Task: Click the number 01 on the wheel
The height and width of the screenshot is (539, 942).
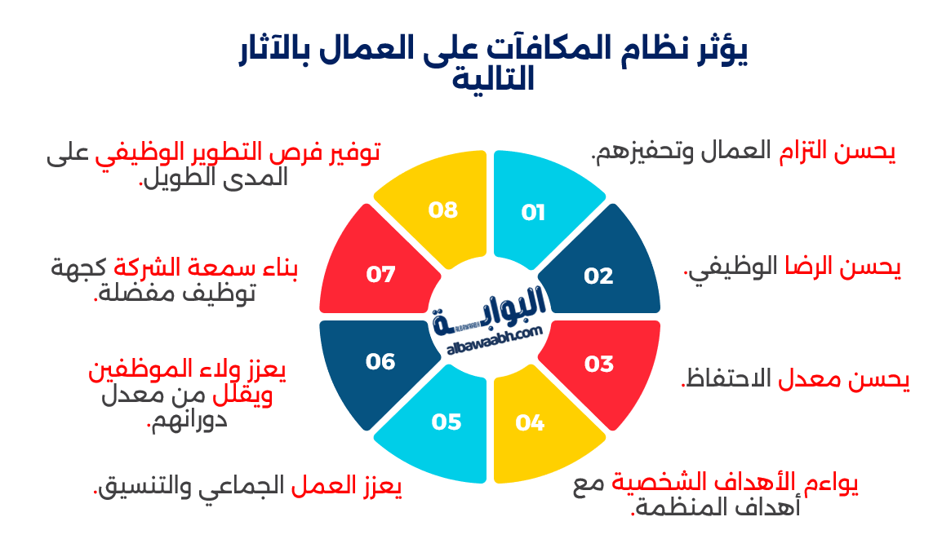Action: coord(533,214)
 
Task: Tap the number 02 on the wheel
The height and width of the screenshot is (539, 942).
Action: coord(598,276)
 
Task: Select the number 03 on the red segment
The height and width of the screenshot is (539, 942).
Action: coord(598,364)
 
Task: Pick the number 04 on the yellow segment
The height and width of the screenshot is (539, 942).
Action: coord(530,422)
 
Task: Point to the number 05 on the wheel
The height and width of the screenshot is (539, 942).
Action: coord(447,422)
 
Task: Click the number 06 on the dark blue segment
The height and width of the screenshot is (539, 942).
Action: coord(380,361)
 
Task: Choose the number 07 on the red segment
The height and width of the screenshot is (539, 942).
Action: coord(380,275)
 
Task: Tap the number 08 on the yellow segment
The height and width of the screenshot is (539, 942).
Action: coord(443,210)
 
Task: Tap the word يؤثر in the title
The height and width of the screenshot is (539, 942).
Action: coord(718,51)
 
